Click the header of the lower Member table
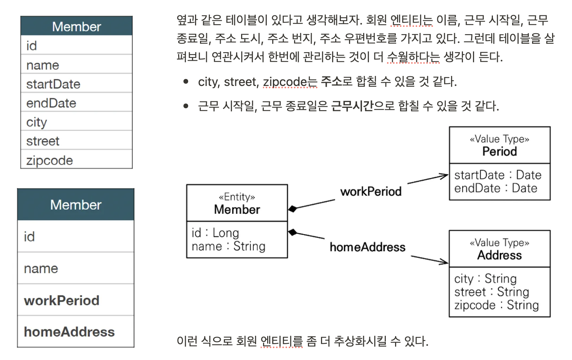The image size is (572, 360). point(76,205)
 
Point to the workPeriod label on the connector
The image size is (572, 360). point(371,191)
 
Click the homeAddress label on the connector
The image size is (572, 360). point(367,247)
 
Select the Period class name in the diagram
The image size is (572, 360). point(499,152)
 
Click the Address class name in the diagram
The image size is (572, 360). point(499,255)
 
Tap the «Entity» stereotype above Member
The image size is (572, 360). point(237,197)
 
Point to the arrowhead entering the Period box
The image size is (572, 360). point(445,176)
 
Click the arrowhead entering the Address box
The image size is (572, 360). point(445,263)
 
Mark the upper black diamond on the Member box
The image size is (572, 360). point(293,209)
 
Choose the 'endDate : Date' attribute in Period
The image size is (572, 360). point(496,188)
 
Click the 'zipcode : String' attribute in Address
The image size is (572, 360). point(496,305)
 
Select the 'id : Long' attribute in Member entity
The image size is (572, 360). point(215,233)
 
